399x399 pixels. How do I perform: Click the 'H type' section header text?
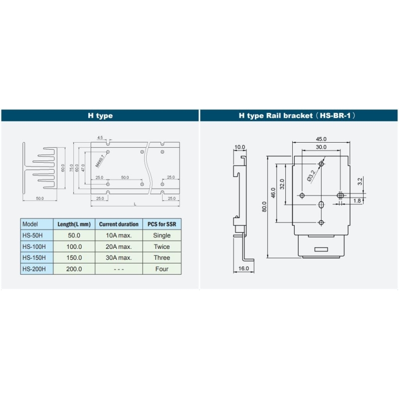[x=100, y=116]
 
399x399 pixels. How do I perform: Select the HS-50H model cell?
[x=34, y=235]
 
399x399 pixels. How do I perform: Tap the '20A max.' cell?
[x=119, y=247]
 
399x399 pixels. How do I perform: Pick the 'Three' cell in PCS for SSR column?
[x=162, y=258]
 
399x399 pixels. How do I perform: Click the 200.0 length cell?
[x=74, y=269]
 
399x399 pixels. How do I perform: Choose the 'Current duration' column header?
[x=119, y=224]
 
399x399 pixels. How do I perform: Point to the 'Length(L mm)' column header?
[x=74, y=224]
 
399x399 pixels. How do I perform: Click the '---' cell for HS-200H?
[x=119, y=269]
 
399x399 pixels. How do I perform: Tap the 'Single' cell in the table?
[x=162, y=235]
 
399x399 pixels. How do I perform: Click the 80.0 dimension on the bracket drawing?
[x=264, y=206]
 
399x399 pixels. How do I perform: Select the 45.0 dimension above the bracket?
[x=321, y=139]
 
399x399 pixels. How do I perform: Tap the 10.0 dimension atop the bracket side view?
[x=240, y=147]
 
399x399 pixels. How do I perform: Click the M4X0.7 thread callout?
[x=100, y=161]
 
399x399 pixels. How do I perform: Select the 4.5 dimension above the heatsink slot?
[x=100, y=137]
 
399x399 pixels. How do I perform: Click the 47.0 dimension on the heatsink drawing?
[x=83, y=168]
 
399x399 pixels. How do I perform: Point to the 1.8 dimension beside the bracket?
[x=357, y=201]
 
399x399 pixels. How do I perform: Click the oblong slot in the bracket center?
[x=321, y=204]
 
